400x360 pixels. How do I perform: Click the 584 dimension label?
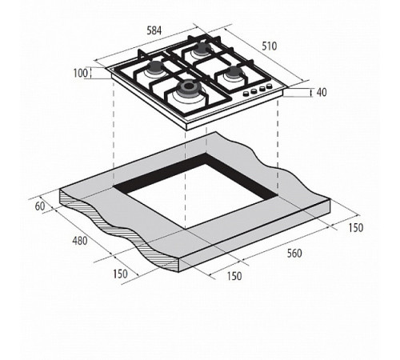(x=154, y=30)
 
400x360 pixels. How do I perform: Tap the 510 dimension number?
(x=270, y=46)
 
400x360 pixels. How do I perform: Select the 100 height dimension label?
(x=81, y=73)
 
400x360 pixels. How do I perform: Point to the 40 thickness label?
(x=322, y=92)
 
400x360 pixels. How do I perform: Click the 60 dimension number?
(x=40, y=206)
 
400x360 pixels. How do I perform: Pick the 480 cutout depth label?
(x=80, y=241)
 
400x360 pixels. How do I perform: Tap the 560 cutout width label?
(x=294, y=254)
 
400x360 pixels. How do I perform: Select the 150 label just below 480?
(x=120, y=274)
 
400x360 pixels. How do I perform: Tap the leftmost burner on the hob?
(x=154, y=68)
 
